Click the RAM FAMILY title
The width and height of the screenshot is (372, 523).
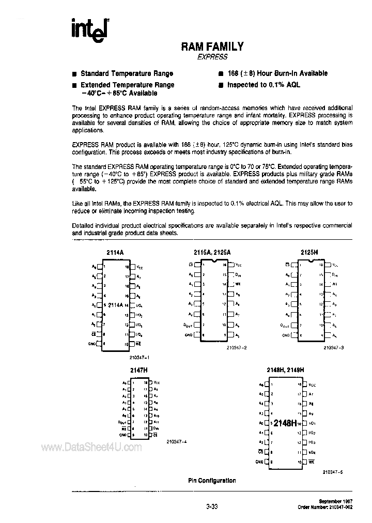click(x=212, y=47)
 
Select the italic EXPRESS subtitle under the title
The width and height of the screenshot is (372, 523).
click(x=212, y=58)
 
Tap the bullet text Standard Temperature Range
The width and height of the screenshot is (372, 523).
click(x=127, y=73)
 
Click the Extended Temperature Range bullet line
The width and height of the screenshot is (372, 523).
click(x=128, y=85)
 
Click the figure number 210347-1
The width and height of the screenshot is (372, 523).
click(x=139, y=357)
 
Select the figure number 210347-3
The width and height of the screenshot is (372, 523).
click(x=334, y=348)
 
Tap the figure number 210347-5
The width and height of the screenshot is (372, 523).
click(x=334, y=471)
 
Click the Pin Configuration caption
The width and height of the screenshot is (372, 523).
click(x=212, y=481)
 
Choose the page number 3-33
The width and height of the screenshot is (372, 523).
click(x=212, y=507)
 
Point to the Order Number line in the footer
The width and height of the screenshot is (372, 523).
click(x=325, y=508)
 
